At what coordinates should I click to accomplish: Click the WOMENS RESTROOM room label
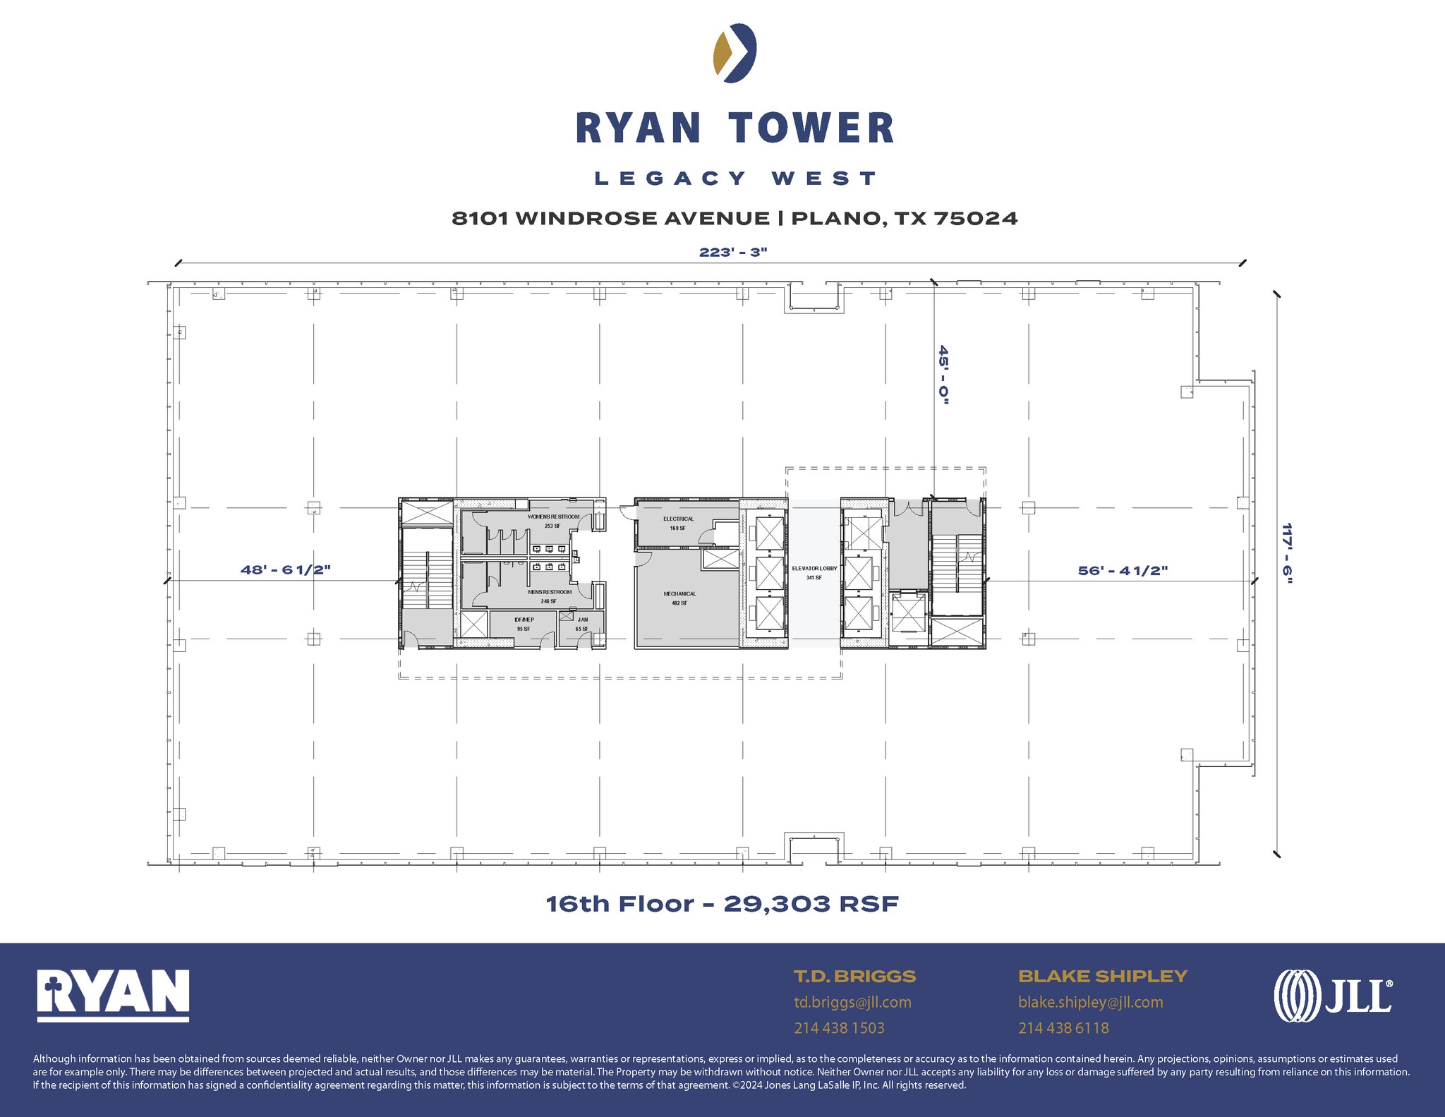[x=553, y=517]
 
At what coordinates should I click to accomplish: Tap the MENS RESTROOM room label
[x=550, y=593]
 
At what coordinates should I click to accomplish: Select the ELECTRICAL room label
[x=678, y=519]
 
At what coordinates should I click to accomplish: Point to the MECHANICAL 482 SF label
[x=679, y=598]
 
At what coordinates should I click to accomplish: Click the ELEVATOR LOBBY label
[x=814, y=569]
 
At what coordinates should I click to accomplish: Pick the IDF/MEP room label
[x=524, y=620]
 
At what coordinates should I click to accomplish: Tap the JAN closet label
[x=582, y=620]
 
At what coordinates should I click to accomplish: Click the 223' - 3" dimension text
[x=732, y=253]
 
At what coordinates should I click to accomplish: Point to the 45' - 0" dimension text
[x=943, y=375]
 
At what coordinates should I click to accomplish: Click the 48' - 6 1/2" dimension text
[x=285, y=569]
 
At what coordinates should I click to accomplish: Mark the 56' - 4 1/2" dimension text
[x=1123, y=570]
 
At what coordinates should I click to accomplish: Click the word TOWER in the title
[x=811, y=128]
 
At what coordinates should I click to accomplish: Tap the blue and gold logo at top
[x=734, y=53]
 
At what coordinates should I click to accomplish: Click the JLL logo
[x=1332, y=996]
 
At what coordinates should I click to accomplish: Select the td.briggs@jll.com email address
[x=852, y=1002]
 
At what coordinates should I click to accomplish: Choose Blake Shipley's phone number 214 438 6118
[x=1063, y=1028]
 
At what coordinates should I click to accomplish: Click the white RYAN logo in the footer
[x=113, y=995]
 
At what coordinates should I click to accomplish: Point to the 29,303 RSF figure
[x=811, y=904]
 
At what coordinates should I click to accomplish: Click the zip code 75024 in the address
[x=976, y=219]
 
